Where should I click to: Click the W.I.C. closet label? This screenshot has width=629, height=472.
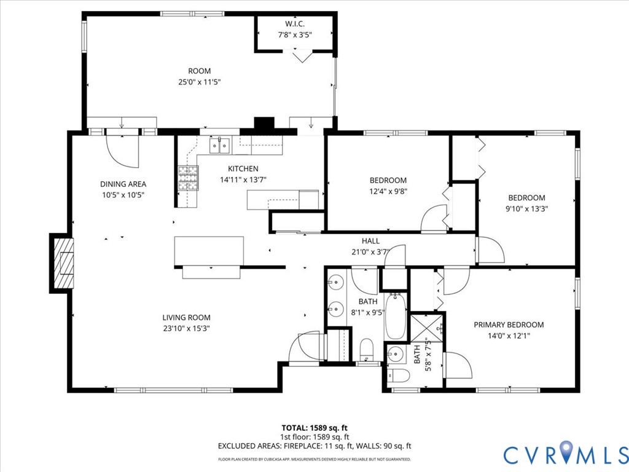pos(295,24)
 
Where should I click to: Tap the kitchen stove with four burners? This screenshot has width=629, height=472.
pos(188,178)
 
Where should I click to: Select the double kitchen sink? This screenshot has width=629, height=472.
pos(219,145)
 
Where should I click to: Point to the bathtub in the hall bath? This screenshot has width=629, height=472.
pos(396,317)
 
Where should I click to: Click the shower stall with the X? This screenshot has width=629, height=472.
pos(427,329)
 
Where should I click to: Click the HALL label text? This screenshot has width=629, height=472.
pos(370,241)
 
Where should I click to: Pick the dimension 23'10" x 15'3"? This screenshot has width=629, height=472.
pos(187,328)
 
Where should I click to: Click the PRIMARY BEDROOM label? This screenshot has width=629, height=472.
pos(509,324)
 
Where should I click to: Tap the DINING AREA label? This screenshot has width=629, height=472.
pos(123,184)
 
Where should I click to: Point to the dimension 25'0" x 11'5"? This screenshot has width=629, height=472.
pos(200,82)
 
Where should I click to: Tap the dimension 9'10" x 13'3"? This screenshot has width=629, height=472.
pos(526,209)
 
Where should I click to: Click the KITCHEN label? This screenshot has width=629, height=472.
pos(243,168)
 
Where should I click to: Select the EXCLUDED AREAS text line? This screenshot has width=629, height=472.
pos(314,446)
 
